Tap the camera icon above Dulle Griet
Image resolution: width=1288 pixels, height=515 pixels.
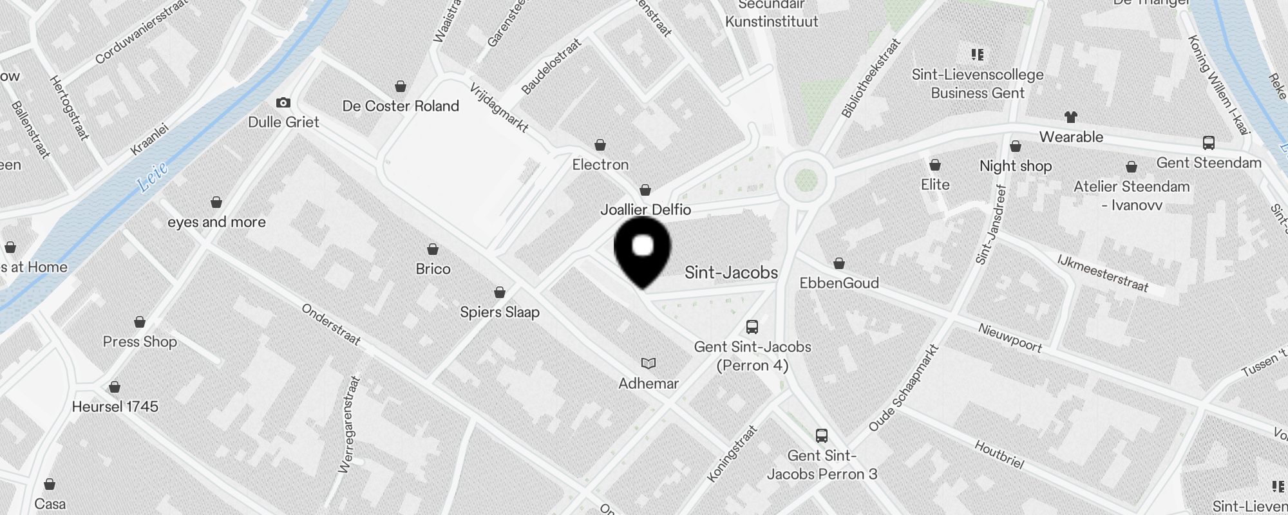tap(283, 103)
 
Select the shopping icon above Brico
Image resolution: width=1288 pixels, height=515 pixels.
tap(433, 249)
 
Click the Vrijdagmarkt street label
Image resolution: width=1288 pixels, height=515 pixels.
tap(499, 108)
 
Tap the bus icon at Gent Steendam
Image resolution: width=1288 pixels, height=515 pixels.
tap(1208, 143)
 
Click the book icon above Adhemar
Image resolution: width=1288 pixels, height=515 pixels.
tap(649, 364)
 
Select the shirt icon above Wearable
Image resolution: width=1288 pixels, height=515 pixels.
tap(1070, 117)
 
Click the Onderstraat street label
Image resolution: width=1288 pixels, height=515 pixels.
tap(331, 324)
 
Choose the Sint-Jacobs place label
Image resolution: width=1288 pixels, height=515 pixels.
tap(731, 273)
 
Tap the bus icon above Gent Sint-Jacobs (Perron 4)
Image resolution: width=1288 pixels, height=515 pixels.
tap(752, 327)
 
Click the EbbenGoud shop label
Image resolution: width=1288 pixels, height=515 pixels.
tap(838, 283)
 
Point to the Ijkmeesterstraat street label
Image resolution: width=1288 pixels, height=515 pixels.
tap(1102, 273)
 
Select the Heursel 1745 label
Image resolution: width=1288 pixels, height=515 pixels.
tap(115, 407)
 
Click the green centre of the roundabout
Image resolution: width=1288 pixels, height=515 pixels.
tap(806, 180)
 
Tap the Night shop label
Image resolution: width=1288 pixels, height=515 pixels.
tap(1015, 166)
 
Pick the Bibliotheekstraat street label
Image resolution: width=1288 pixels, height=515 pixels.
tap(871, 78)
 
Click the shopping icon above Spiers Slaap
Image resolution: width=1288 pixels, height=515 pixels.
tap(499, 293)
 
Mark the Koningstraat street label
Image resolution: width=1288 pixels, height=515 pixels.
tap(732, 453)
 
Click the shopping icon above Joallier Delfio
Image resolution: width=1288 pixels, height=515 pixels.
tap(645, 191)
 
